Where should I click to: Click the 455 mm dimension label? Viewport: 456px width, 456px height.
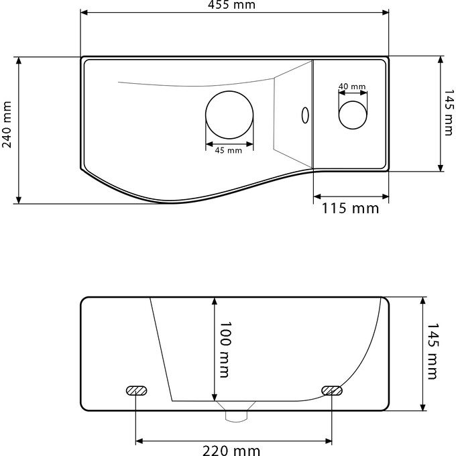click(235, 5)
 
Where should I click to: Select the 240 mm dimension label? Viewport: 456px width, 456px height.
click(7, 125)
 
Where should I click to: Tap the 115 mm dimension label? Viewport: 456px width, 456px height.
click(350, 209)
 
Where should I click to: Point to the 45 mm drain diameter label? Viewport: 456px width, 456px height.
click(228, 151)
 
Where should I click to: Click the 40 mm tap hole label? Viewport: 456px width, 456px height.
click(352, 87)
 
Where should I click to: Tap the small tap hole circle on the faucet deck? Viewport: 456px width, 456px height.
click(353, 114)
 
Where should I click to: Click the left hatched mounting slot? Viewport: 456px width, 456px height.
click(136, 390)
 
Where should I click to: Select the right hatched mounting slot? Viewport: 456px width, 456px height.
click(332, 390)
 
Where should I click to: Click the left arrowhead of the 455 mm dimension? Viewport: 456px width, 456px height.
click(84, 12)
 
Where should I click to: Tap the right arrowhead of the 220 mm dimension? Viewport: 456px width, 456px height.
click(329, 441)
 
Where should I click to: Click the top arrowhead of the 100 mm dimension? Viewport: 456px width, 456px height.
click(214, 300)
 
